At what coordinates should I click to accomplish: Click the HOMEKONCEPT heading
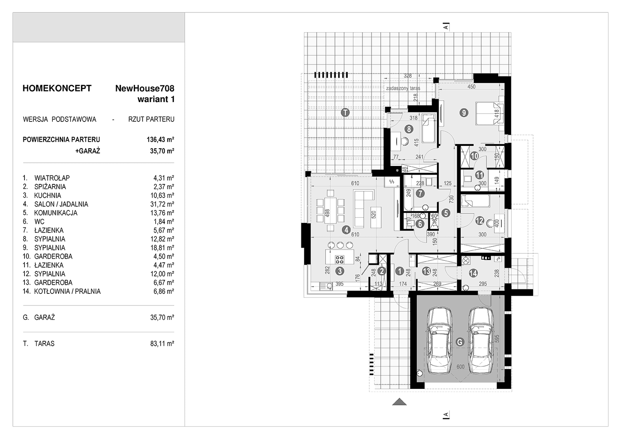(x=57, y=88)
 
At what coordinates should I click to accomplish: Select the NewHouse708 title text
(x=145, y=88)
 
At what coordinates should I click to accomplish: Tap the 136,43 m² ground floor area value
(x=161, y=139)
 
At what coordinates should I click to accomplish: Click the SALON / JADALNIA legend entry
(x=61, y=204)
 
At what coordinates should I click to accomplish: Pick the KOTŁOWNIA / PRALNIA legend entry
(x=68, y=292)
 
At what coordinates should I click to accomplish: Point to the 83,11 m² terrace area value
(x=162, y=344)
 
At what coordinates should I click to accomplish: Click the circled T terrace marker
(x=345, y=113)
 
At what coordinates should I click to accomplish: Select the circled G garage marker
(x=460, y=342)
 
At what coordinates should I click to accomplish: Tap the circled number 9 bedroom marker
(x=463, y=113)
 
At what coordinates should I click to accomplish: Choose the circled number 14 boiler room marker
(x=473, y=273)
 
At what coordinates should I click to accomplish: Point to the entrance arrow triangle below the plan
(x=399, y=402)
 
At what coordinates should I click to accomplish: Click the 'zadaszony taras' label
(x=403, y=88)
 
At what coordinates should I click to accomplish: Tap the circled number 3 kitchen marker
(x=340, y=271)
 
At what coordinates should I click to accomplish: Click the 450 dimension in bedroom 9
(x=471, y=87)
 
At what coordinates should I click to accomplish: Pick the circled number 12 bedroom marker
(x=480, y=221)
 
